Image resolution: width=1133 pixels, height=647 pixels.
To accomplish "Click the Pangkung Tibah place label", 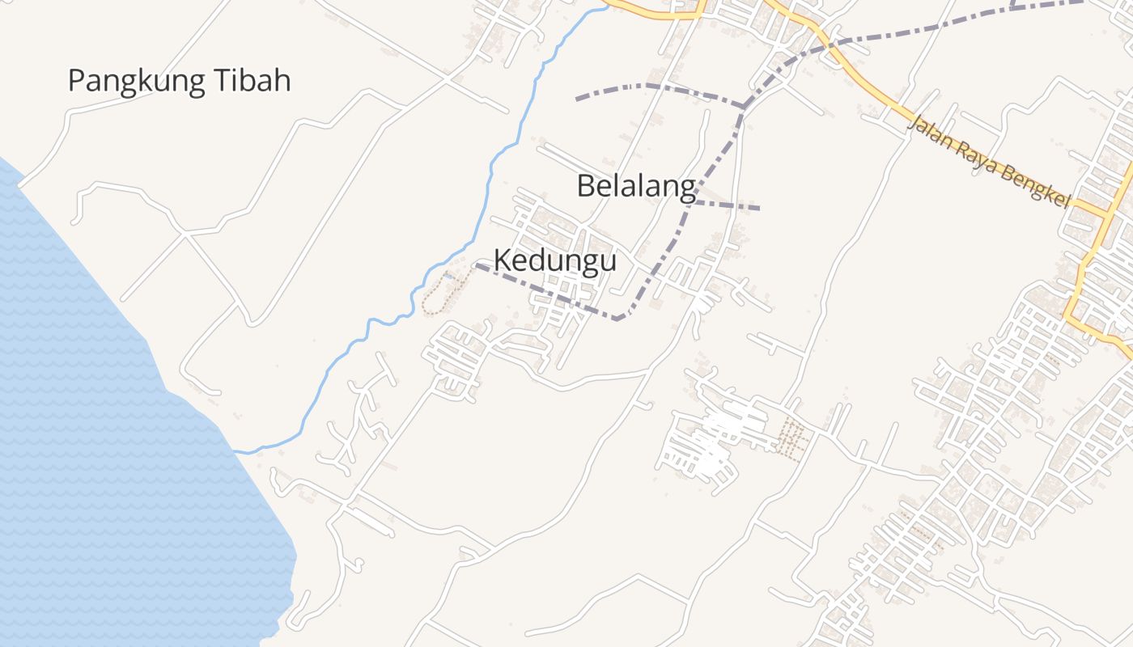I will [179, 82].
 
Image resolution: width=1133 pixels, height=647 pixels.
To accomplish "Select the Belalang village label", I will [636, 187].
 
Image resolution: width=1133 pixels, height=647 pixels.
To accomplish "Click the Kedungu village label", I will [554, 260].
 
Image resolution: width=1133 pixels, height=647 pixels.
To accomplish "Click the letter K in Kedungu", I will [503, 260].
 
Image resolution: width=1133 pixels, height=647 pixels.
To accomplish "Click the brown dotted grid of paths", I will [791, 440].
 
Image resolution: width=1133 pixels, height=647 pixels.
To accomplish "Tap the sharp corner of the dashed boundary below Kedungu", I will [619, 319].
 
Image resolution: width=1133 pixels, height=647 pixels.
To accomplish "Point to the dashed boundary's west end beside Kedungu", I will [476, 264].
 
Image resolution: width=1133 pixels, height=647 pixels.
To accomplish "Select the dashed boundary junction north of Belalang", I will [743, 106].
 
